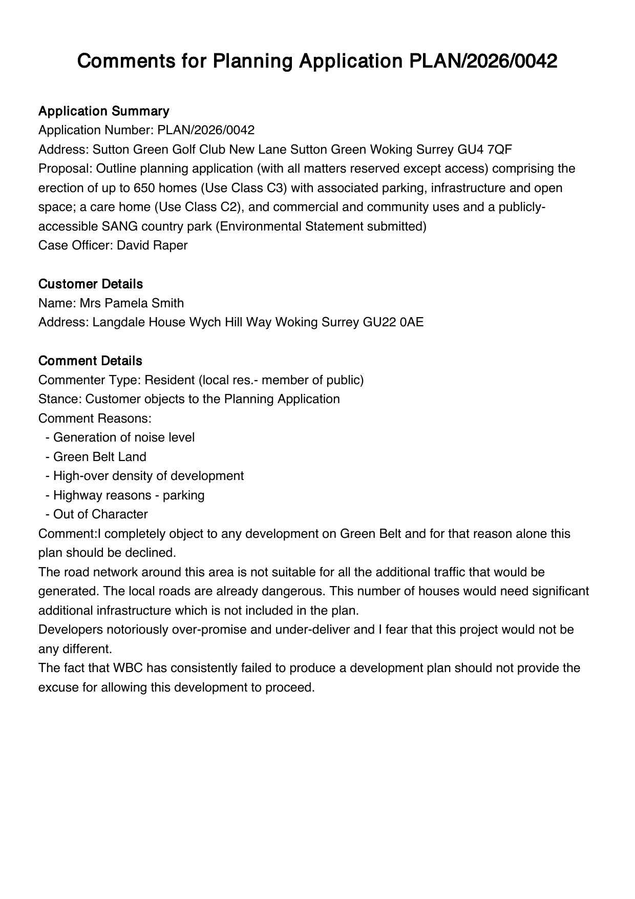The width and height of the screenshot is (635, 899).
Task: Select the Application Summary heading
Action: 104,111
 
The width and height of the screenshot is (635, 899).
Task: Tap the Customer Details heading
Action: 91,284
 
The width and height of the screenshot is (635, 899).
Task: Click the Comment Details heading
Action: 90,361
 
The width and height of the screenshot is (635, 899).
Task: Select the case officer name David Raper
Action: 152,245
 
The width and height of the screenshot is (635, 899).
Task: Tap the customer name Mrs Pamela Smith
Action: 132,303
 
